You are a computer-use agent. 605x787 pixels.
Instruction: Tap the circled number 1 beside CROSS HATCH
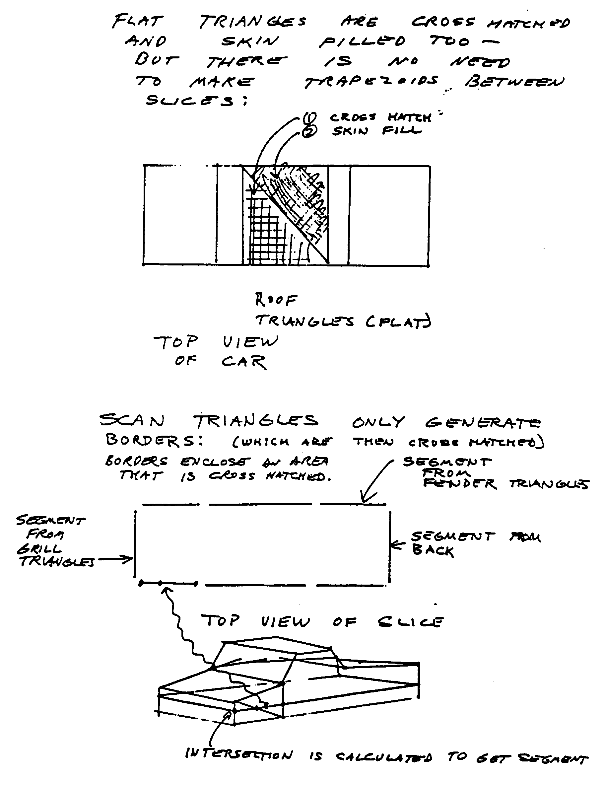(309, 117)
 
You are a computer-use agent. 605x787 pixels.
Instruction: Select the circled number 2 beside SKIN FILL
(310, 132)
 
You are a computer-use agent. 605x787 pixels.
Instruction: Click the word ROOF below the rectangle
(276, 299)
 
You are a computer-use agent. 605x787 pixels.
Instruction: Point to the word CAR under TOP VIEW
(244, 362)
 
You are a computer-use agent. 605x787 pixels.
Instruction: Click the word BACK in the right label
(433, 551)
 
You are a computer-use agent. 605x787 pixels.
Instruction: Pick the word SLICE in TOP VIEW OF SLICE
(411, 622)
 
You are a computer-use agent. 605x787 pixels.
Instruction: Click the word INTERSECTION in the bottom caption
(239, 754)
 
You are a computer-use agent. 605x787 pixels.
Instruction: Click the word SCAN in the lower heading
(132, 420)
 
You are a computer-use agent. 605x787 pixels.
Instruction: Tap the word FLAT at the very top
(137, 21)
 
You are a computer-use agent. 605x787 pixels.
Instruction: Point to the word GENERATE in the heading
(483, 422)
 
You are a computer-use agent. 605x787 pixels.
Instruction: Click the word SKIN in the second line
(249, 41)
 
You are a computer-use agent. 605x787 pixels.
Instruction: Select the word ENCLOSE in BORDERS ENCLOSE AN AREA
(215, 462)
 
